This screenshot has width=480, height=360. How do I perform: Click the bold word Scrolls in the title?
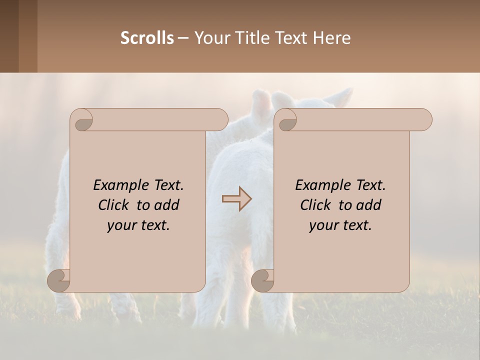[x=147, y=38]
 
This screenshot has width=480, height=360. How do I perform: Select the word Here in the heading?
[x=332, y=38]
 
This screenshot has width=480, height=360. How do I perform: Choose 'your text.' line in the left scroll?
[x=138, y=225]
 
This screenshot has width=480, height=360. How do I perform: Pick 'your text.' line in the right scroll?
[x=340, y=225]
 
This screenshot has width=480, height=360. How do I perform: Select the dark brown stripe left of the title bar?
[x=9, y=36]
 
